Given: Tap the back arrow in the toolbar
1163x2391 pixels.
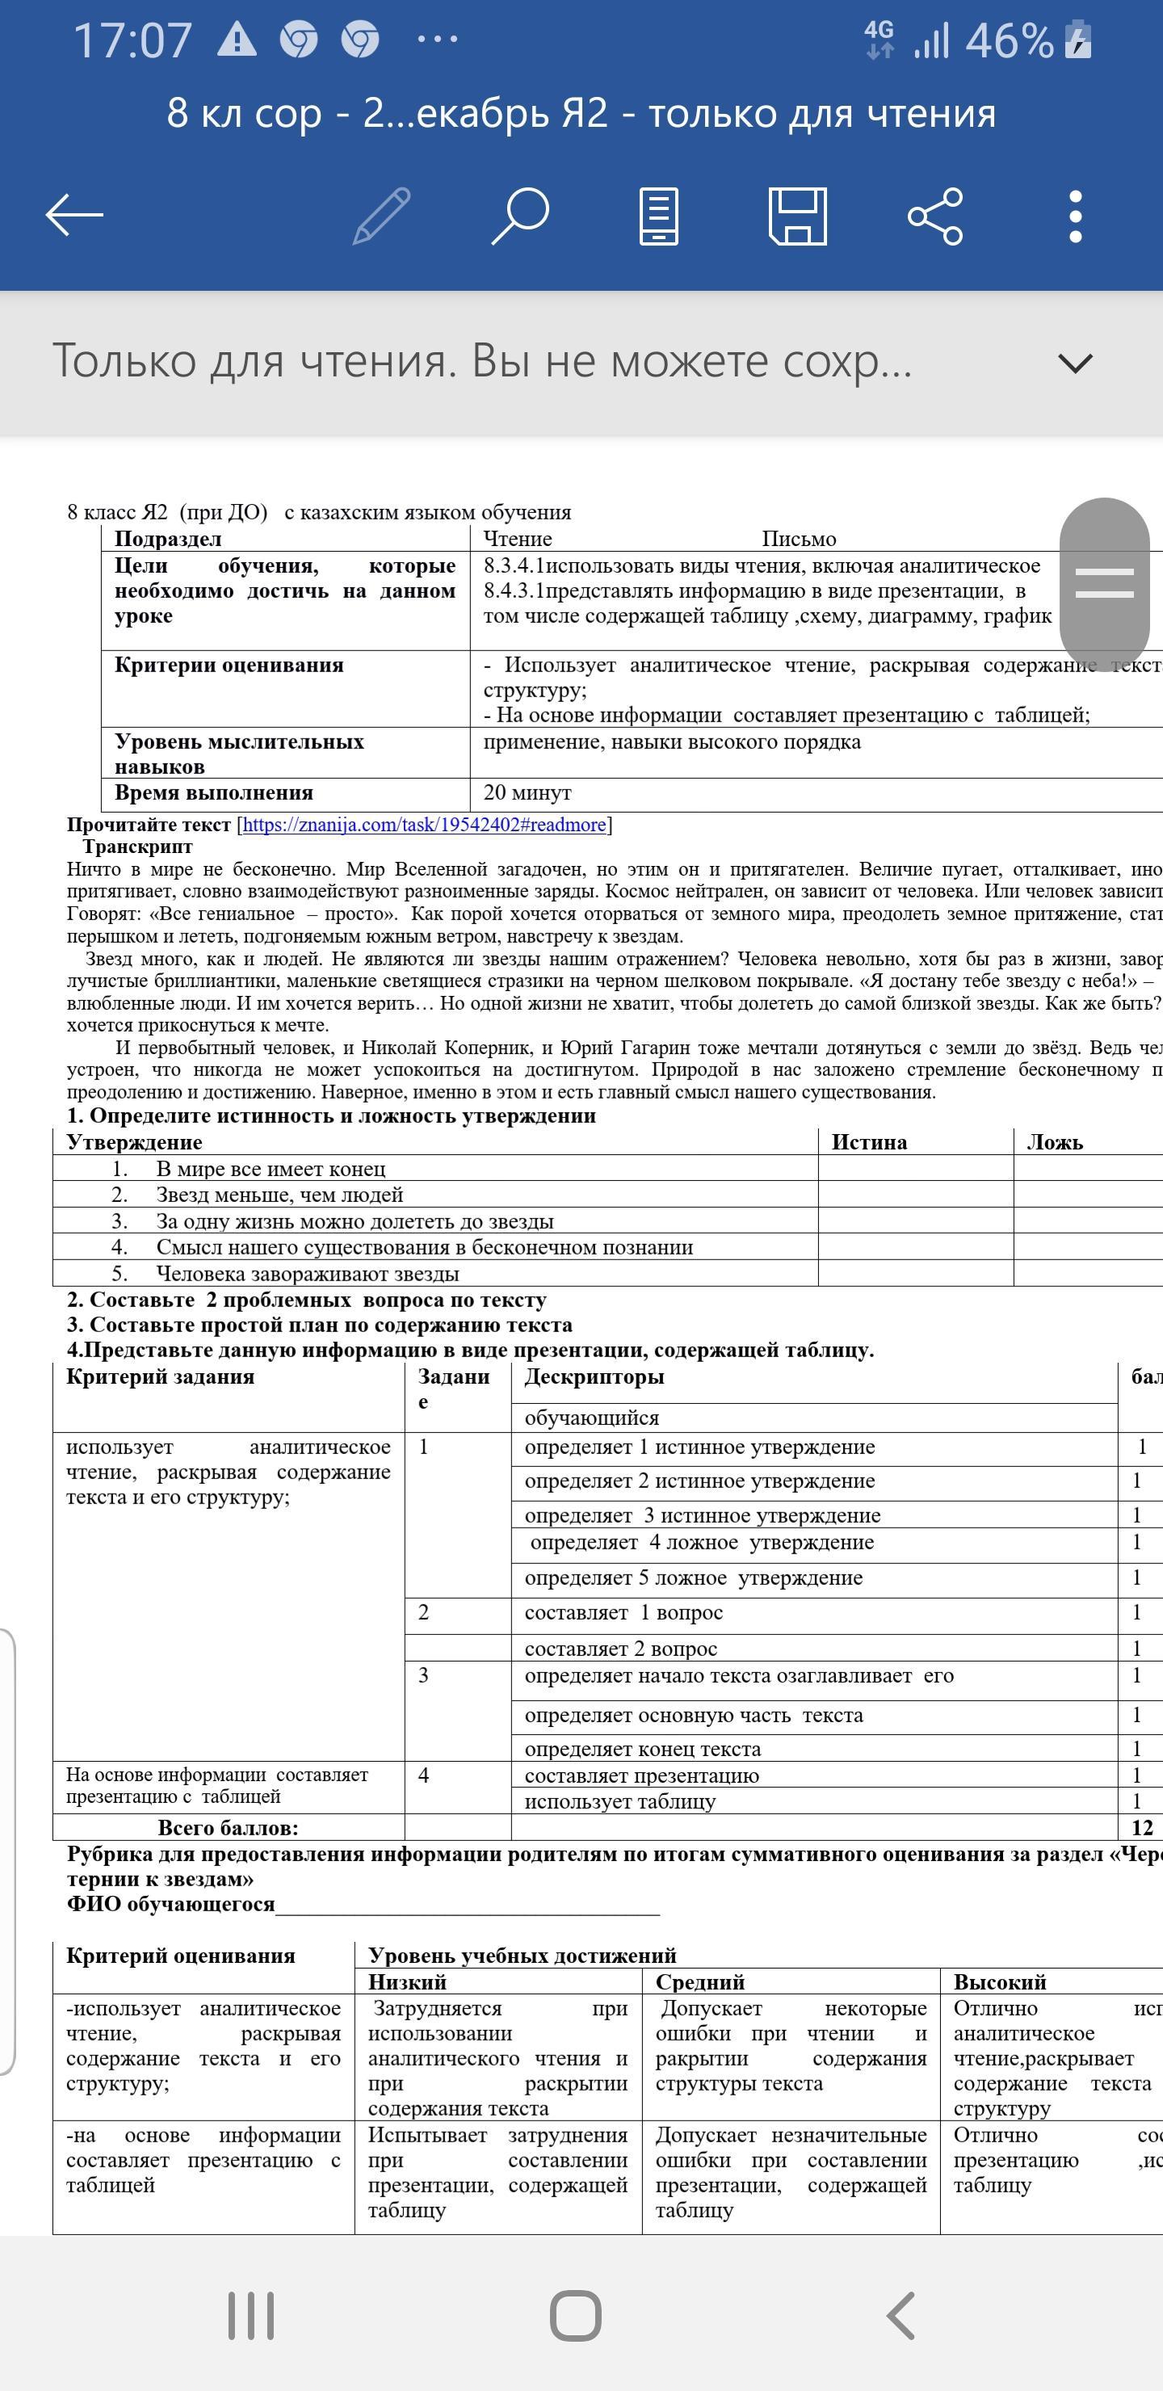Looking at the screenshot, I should (x=74, y=216).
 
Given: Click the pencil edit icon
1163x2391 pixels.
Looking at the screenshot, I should (x=381, y=216).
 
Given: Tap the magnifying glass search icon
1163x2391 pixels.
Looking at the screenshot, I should (x=520, y=216).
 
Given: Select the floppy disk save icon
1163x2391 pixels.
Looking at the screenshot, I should (x=797, y=216).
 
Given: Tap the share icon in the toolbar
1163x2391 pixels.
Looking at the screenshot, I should (x=935, y=216).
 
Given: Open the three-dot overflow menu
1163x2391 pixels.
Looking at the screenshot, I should (x=1075, y=216).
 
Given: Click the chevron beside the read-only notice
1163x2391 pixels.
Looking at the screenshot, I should (x=1075, y=363).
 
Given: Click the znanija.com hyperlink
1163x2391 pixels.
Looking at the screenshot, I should (x=424, y=824).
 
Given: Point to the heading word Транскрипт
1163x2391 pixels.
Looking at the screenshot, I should (x=137, y=847).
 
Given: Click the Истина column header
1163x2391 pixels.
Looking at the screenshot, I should (x=869, y=1141).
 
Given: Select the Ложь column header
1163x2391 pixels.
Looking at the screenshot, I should (x=1055, y=1141).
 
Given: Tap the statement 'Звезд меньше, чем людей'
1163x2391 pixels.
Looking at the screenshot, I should (x=279, y=1195).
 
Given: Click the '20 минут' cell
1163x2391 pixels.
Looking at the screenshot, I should (x=527, y=792).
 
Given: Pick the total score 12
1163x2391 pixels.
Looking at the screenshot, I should (x=1142, y=1828).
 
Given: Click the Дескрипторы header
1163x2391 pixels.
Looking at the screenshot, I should (x=594, y=1376).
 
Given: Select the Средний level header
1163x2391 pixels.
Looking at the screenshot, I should (x=700, y=1981).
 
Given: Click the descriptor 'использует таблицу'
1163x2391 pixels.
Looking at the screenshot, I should (x=620, y=1801).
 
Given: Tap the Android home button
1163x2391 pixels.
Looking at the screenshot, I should (x=576, y=2315).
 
